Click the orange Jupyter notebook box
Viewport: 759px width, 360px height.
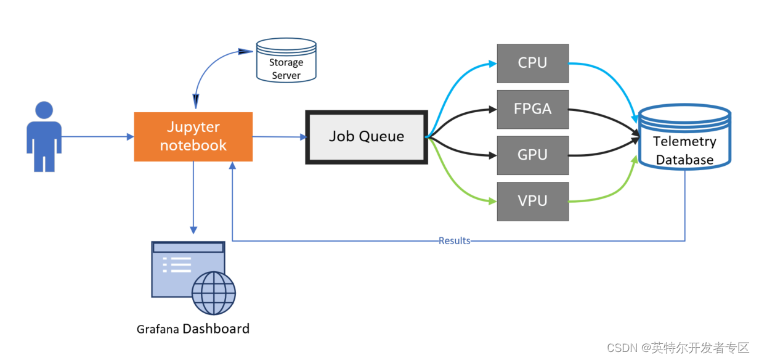[x=193, y=136]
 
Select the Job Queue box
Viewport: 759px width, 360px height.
[x=367, y=137]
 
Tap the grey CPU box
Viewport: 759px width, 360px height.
[x=532, y=63]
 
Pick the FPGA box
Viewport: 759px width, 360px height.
[x=532, y=109]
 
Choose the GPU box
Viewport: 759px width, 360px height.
[x=532, y=155]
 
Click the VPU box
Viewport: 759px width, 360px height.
[x=532, y=201]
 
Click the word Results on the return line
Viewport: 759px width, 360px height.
[x=454, y=240]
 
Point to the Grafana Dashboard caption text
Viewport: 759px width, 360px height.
[x=193, y=329]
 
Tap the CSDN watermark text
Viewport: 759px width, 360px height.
[x=677, y=348]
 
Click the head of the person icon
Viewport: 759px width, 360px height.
[x=44, y=110]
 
